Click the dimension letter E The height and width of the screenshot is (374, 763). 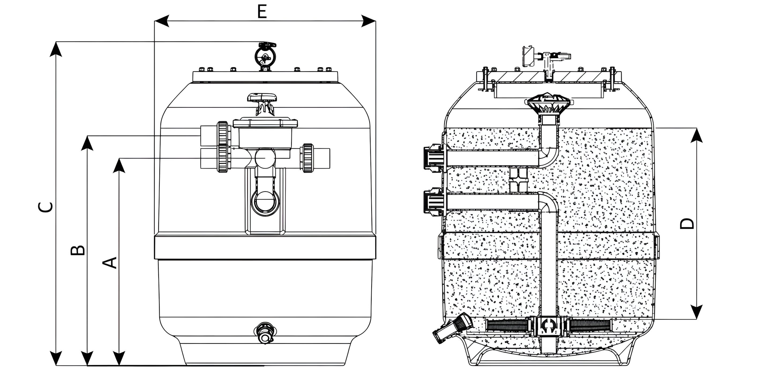(262, 12)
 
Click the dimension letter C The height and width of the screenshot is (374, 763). (46, 207)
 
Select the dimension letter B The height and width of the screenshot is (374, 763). (78, 250)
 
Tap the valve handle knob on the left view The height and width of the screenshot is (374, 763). (263, 98)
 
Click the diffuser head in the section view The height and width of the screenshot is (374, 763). (549, 103)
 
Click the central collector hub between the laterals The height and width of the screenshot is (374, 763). (549, 326)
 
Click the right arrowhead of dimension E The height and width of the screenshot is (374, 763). (368, 21)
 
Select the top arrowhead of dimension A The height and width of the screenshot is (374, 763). (119, 165)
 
